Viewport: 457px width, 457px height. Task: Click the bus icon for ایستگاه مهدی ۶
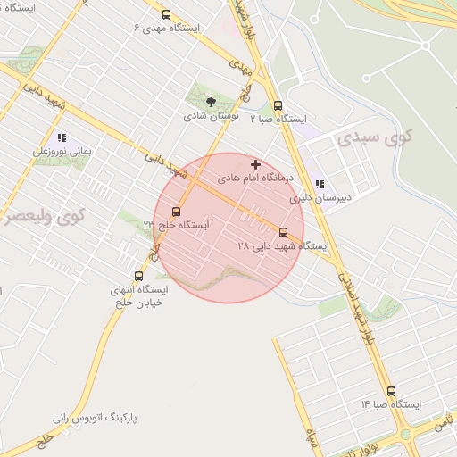(167, 14)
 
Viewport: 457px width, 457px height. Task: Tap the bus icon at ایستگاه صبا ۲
(278, 105)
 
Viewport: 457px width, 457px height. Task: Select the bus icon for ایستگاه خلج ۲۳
(176, 212)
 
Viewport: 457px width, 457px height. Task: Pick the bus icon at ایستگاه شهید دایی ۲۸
(284, 232)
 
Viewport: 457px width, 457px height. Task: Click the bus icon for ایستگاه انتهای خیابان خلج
(137, 276)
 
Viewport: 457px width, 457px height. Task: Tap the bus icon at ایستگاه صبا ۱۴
(391, 391)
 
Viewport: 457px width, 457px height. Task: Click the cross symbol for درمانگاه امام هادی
(256, 164)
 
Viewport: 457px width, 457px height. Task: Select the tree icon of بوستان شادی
(211, 102)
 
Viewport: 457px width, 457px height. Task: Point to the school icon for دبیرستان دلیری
(320, 184)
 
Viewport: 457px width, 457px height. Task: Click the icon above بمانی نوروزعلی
(62, 138)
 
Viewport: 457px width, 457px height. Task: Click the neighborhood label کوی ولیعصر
(40, 215)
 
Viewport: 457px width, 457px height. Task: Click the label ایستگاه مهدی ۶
(167, 28)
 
